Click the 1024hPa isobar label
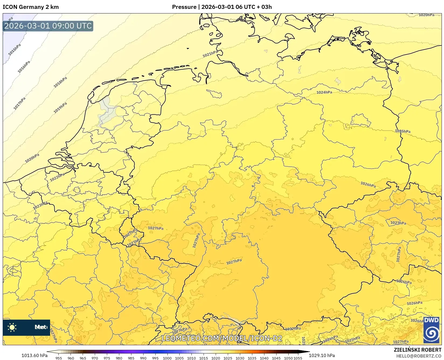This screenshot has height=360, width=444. pyautogui.click(x=324, y=92)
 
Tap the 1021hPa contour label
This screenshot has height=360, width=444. pyautogui.click(x=210, y=54)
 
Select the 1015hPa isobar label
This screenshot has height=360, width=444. pyautogui.click(x=15, y=50)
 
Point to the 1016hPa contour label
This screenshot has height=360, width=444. pyautogui.click(x=24, y=67)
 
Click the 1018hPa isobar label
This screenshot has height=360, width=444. pyautogui.click(x=60, y=82)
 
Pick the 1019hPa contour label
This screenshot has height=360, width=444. pyautogui.click(x=60, y=108)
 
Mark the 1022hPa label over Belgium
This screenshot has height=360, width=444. pyautogui.click(x=57, y=177)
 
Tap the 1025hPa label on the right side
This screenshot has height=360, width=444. pyautogui.click(x=403, y=131)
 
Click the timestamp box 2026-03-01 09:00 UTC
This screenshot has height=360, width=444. pyautogui.click(x=48, y=26)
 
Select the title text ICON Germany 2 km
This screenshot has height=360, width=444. pyautogui.click(x=31, y=7)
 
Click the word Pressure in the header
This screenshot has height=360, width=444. pyautogui.click(x=184, y=7)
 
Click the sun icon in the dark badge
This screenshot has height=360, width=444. pyautogui.click(x=12, y=327)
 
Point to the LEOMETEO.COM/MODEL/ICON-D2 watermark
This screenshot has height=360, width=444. pyautogui.click(x=222, y=338)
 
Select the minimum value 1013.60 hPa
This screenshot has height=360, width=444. pyautogui.click(x=34, y=355)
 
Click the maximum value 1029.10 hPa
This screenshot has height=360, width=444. pyautogui.click(x=322, y=355)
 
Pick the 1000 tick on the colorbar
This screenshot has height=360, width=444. pyautogui.click(x=167, y=358)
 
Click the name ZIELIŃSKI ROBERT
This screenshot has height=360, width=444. pyautogui.click(x=418, y=350)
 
